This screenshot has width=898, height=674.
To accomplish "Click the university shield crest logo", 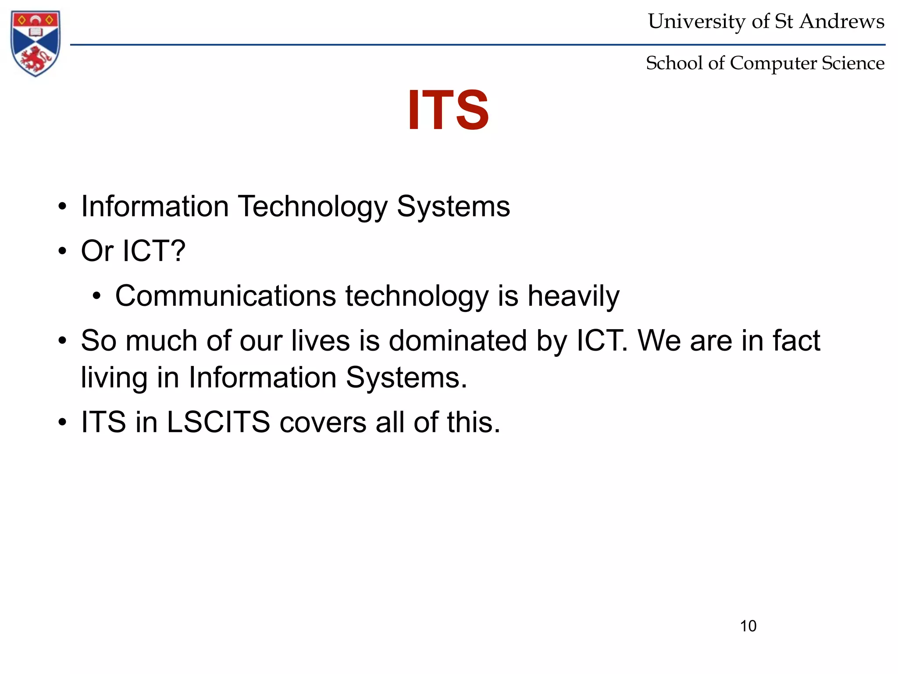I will click(x=36, y=43).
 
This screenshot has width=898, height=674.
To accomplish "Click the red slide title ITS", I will click(x=448, y=110).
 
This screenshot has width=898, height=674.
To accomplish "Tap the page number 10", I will click(x=748, y=626).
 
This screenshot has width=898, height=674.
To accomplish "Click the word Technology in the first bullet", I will click(x=313, y=207).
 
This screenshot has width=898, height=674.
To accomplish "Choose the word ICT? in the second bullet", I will click(x=154, y=251).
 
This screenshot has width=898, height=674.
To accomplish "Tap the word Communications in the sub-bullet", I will click(x=225, y=296).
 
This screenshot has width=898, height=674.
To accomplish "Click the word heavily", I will click(x=573, y=297).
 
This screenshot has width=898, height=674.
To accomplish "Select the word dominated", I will click(x=458, y=341).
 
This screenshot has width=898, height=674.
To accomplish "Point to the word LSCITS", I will click(x=218, y=422).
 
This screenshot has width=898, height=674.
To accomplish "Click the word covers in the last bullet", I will click(x=323, y=422).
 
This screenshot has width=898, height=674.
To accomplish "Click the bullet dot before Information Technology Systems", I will click(x=62, y=207).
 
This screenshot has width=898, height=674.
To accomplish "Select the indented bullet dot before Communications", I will click(x=96, y=296).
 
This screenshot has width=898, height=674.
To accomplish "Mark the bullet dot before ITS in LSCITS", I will click(x=62, y=423).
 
